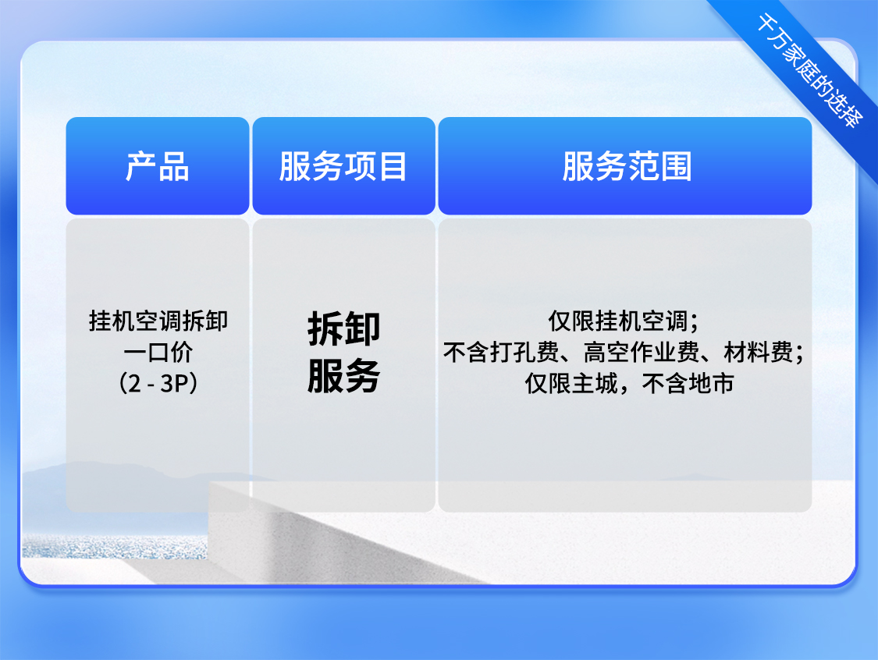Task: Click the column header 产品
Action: [158, 166]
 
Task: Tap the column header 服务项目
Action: [343, 166]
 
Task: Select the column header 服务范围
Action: [627, 166]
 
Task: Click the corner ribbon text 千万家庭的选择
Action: [809, 70]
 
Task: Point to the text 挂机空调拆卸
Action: [158, 321]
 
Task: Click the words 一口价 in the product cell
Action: [158, 352]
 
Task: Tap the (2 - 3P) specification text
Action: [158, 384]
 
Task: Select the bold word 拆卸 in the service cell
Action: [344, 328]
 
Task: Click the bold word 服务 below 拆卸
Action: [344, 375]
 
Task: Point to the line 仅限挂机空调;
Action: [624, 321]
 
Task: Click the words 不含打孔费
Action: [501, 352]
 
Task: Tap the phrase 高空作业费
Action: [642, 352]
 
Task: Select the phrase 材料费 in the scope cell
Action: [758, 352]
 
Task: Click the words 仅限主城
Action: [571, 384]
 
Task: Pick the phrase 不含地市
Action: [688, 384]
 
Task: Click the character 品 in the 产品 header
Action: [174, 166]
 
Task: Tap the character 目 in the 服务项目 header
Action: [393, 166]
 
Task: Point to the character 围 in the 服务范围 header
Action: [677, 166]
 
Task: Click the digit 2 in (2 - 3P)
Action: [134, 384]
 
